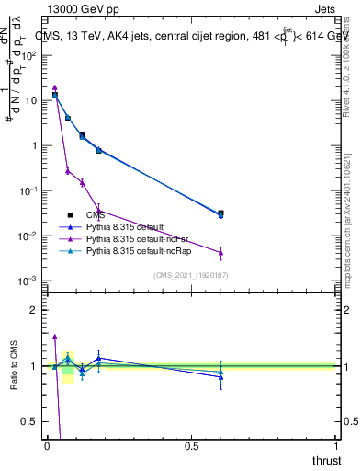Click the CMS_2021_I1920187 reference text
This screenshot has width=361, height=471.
tap(191, 275)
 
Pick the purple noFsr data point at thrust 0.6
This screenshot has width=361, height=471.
tap(220, 253)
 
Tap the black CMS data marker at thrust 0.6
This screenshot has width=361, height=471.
tap(220, 213)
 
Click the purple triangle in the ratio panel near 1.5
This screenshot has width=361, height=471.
tap(54, 337)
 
